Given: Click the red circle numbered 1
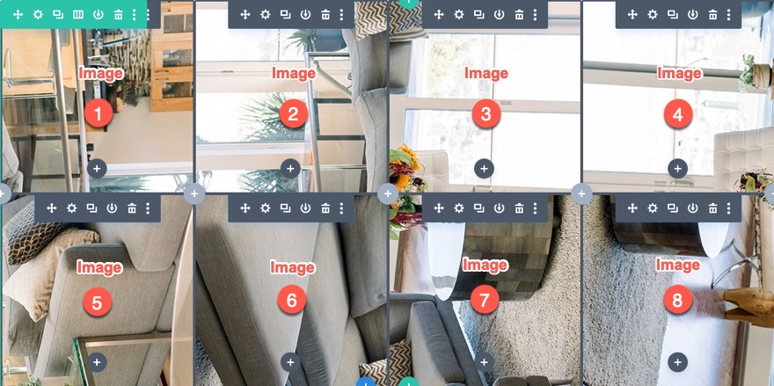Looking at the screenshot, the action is click(99, 113).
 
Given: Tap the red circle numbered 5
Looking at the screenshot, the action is click(98, 302).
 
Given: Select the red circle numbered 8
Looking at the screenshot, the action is click(678, 300).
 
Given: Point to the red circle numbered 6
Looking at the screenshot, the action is click(292, 301).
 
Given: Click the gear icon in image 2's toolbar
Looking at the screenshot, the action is click(266, 14).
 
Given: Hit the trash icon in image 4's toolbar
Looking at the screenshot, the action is click(712, 14).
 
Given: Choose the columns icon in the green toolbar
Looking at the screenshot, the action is click(78, 14).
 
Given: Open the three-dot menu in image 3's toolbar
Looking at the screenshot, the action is click(535, 14).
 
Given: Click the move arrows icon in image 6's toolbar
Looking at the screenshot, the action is click(245, 208).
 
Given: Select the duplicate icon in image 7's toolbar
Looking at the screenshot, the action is click(478, 208).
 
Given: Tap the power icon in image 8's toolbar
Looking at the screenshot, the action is click(692, 208).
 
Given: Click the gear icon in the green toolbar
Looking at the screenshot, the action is click(38, 14).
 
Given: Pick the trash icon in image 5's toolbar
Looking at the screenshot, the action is click(132, 208).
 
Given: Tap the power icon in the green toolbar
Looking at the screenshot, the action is click(99, 14).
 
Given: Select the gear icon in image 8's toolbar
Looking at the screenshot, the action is click(653, 208).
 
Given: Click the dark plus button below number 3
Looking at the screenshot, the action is click(485, 168).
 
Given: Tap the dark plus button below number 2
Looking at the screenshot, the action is click(290, 168).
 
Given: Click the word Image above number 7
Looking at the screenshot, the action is click(486, 266).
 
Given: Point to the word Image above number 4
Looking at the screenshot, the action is click(679, 73).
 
